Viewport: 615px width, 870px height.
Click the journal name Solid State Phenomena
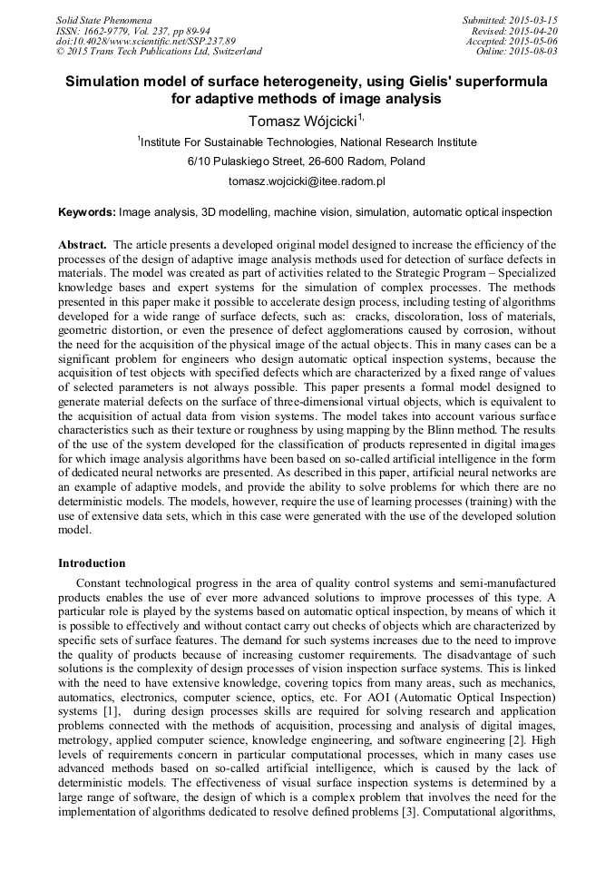point(103,19)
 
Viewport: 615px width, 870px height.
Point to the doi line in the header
point(145,41)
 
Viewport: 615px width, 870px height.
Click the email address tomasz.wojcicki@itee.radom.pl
point(307,181)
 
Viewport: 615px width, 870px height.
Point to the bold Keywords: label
point(87,212)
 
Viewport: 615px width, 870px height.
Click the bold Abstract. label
point(83,245)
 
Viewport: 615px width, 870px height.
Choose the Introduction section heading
point(92,562)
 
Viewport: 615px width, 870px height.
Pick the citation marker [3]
point(408,810)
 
